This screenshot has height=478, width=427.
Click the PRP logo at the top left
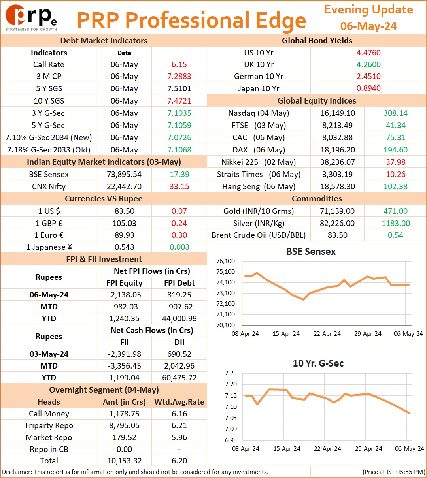coord(31,18)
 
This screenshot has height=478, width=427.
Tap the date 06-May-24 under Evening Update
coord(368,26)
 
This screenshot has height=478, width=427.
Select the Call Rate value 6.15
coord(179,64)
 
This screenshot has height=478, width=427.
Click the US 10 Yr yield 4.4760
coord(368,53)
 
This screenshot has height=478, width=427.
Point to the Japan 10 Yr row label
coord(259,88)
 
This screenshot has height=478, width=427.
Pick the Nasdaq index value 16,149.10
coord(338,113)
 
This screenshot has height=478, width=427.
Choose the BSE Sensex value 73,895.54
coord(124,174)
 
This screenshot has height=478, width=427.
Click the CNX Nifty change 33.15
coord(179,186)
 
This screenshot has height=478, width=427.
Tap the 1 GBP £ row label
coord(49,223)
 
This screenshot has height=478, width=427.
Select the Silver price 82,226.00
coord(337,223)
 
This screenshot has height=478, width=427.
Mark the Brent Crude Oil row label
coord(259,235)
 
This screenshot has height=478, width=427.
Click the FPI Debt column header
coord(179,282)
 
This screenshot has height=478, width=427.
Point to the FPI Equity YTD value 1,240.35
coord(124,318)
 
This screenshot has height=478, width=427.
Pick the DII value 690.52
coord(179,354)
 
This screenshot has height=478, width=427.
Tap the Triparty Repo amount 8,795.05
coord(124,425)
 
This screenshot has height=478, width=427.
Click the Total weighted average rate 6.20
coord(179,461)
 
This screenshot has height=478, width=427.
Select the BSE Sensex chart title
coord(311,252)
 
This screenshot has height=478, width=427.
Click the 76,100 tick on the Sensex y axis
coord(225,261)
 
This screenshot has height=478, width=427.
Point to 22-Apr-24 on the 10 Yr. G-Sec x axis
coord(327,448)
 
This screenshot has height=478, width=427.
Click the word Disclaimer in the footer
coord(17,472)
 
